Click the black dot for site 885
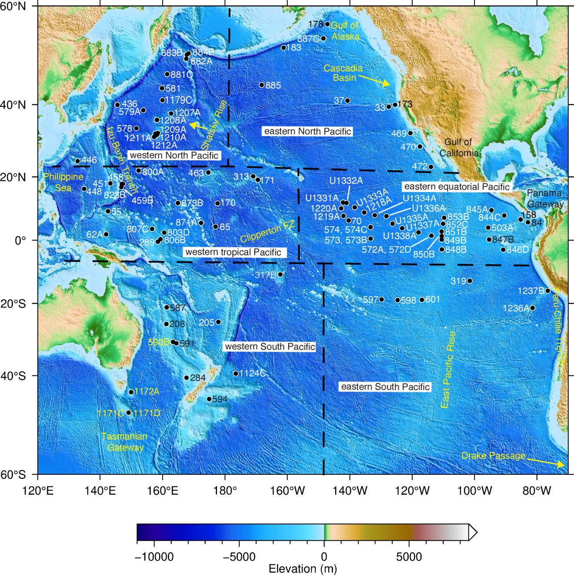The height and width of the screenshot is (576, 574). tap(262, 85)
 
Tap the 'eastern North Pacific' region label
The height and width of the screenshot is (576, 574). tap(307, 131)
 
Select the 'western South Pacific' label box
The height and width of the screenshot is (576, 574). tap(270, 347)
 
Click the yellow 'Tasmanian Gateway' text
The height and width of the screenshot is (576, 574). tap(124, 442)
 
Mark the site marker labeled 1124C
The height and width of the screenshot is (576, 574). tap(236, 374)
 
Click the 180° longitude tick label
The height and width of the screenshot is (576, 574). tap(225, 491)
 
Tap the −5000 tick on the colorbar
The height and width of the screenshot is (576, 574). tap(239, 557)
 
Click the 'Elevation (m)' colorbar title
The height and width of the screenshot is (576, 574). tap(303, 569)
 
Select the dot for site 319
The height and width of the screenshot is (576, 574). tap(470, 281)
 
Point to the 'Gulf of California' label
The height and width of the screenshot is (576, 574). tap(458, 147)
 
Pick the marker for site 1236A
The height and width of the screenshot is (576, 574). tap(532, 308)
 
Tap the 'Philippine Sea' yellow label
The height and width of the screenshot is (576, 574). tap(63, 182)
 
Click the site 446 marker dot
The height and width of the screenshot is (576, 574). tap(78, 161)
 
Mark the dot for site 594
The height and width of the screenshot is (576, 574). tap(209, 399)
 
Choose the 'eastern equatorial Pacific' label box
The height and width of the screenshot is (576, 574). tap(457, 187)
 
